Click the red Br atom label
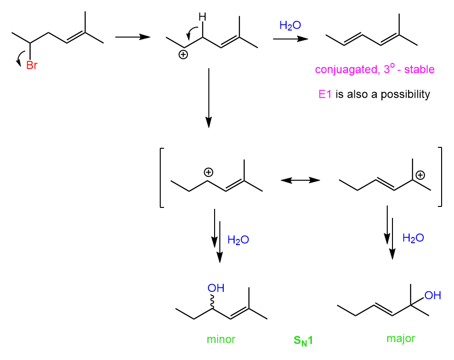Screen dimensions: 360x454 [31, 65]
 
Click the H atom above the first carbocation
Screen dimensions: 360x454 [203, 18]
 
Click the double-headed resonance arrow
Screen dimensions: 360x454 [300, 180]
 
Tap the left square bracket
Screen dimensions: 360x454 [162, 177]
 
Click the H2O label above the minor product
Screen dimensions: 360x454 [238, 240]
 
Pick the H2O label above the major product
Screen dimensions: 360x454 [413, 238]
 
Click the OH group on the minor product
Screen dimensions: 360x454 [216, 288]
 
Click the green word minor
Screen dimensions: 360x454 [221, 340]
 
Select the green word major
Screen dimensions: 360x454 [401, 339]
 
